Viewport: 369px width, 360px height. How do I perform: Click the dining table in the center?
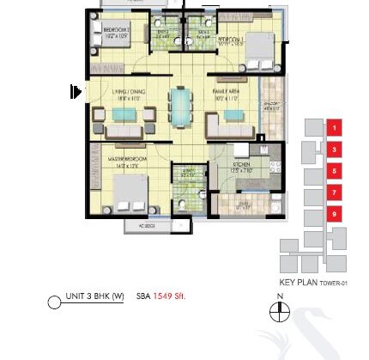tap(181, 108)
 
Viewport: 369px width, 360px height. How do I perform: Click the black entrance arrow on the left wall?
tap(76, 91)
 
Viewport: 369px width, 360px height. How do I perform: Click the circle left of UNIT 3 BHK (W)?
tap(55, 302)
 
